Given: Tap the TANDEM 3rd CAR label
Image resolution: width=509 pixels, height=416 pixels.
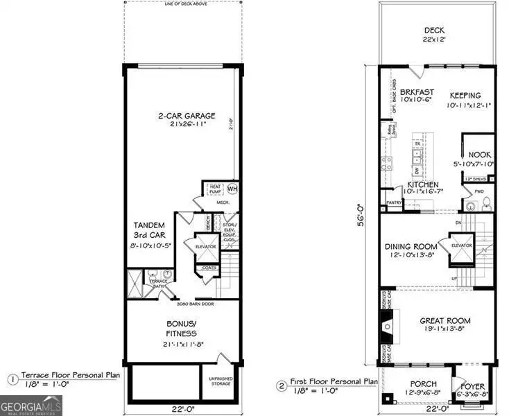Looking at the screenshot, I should coord(148,230).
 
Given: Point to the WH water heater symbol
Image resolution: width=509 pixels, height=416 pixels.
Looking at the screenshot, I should coord(232,187).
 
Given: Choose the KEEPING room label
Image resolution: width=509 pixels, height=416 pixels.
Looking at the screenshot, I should coord(465,95).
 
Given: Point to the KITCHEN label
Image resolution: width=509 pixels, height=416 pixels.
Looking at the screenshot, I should coord(422,186).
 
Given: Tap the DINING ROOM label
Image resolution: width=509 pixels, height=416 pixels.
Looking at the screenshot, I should coord(411,246).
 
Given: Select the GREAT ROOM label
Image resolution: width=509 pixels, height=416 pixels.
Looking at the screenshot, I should coord(445,320).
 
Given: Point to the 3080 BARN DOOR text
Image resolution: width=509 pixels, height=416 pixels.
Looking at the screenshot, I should coord(180,304).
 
